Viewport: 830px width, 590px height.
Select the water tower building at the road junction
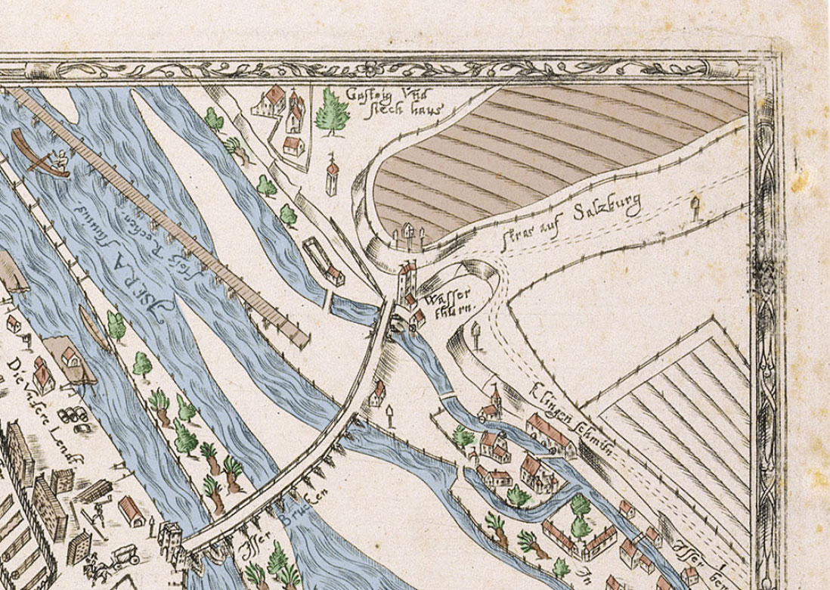coord(407,281)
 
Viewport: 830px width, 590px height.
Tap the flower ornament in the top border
coord(371,69)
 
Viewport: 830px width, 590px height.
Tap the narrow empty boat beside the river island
coord(94,330)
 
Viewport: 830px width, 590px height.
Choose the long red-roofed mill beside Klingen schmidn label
coord(550,432)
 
